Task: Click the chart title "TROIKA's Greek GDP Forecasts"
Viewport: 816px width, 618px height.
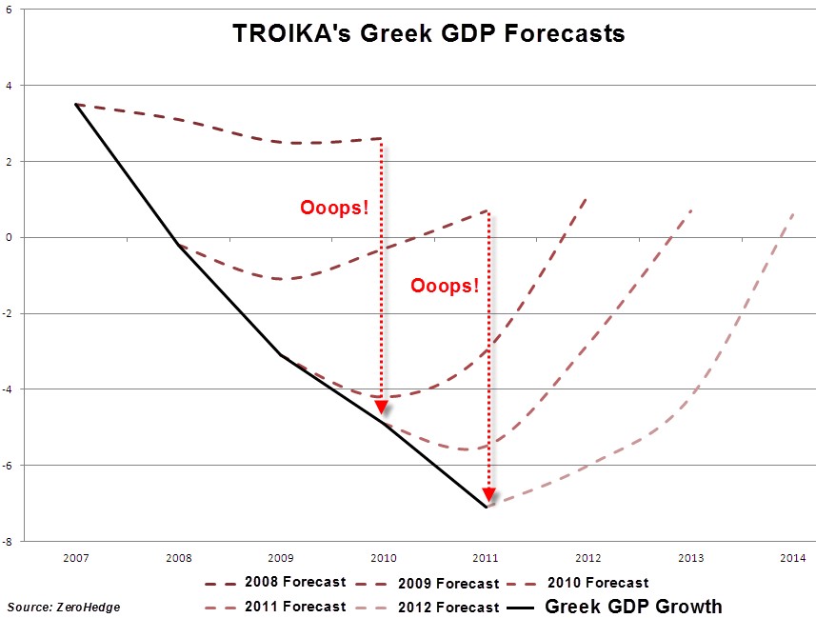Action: coord(428,34)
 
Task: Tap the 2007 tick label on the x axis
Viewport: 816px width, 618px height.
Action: coord(75,556)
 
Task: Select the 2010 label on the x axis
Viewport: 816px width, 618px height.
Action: coord(382,556)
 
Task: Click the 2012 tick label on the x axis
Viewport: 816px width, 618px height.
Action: coord(587,556)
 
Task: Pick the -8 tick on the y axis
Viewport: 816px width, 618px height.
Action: coord(9,541)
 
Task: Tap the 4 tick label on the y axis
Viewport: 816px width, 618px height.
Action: coord(9,85)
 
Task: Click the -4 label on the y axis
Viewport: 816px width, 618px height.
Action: coord(9,389)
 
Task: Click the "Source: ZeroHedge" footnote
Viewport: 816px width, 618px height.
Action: coord(64,607)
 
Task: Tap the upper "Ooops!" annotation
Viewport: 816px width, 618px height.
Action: coord(333,207)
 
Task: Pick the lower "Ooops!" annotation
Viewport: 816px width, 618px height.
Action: coord(444,285)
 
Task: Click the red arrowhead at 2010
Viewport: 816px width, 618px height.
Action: coord(381,407)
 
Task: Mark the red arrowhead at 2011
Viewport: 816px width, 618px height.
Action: coord(488,493)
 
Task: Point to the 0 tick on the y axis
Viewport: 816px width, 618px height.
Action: coord(9,237)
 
